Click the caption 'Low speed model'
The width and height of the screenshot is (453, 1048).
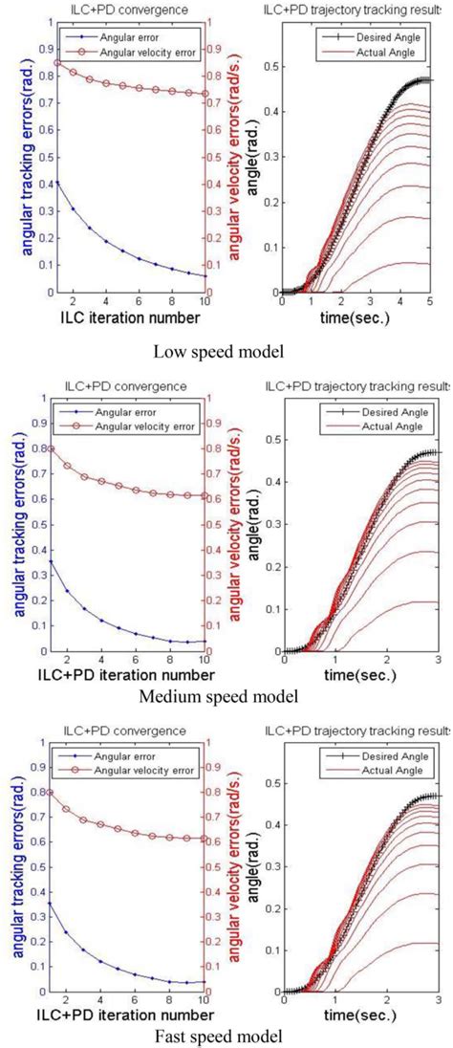[x=227, y=353]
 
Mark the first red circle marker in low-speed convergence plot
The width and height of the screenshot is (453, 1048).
[x=56, y=63]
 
